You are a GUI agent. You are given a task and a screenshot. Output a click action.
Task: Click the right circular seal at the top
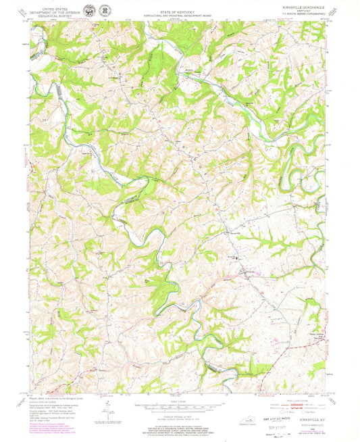pos(105,9)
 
